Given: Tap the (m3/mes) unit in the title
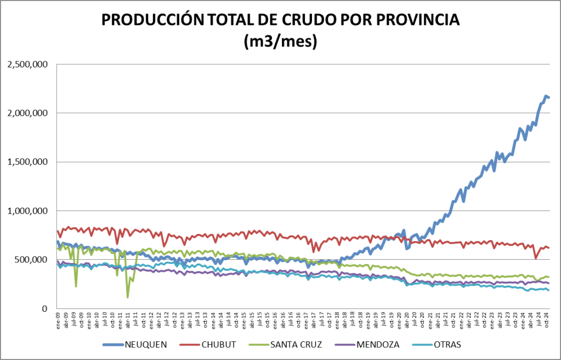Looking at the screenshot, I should click(x=280, y=42).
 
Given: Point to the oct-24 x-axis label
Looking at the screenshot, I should click(x=546, y=320).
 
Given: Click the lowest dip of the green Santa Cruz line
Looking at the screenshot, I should click(x=128, y=297).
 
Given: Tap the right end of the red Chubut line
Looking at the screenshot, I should click(x=548, y=248).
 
